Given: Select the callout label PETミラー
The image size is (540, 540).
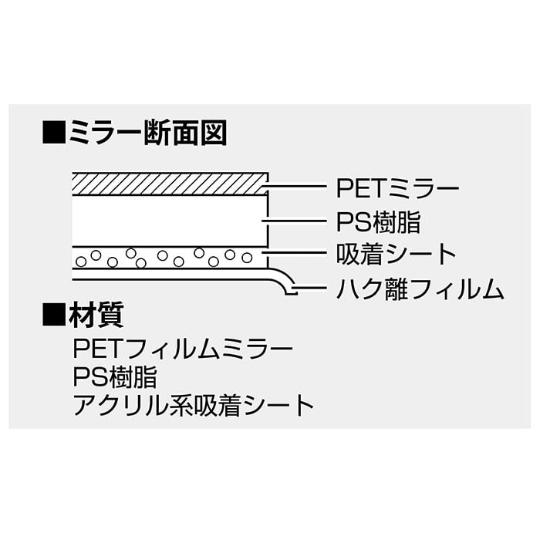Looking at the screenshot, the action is [397, 188].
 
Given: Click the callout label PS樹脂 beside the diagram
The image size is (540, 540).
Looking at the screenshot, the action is [379, 221].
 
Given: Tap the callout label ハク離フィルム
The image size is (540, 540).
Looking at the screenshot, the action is [420, 290].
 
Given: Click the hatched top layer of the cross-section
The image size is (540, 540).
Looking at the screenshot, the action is [168, 184].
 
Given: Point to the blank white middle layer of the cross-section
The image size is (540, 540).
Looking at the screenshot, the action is [168, 221].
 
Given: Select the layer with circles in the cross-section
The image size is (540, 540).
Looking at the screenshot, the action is [168, 257].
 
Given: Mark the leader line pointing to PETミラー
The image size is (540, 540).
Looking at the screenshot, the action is [297, 187].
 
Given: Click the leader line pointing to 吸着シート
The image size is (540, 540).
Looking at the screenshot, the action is [297, 255].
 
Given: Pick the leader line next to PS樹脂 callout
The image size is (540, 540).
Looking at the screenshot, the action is [297, 221].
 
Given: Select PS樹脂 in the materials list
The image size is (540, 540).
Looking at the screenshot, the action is [115, 378].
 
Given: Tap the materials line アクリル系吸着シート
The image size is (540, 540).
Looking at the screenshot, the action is [194, 405].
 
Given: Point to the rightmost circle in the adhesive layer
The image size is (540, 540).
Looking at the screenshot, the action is [247, 257].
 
